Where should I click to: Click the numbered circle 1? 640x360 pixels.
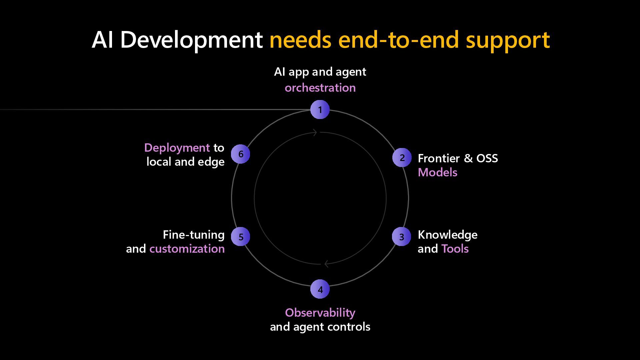tap(320, 110)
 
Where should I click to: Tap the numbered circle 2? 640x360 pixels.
tap(402, 158)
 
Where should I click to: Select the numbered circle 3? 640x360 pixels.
tap(402, 237)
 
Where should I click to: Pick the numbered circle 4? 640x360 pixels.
tap(320, 289)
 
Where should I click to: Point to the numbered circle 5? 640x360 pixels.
tap(241, 237)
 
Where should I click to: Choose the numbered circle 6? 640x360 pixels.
tap(241, 154)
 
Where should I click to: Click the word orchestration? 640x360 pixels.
tap(320, 88)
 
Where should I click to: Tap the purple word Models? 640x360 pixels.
tap(437, 172)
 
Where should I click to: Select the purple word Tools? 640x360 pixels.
tap(455, 249)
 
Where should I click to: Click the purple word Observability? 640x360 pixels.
tap(320, 313)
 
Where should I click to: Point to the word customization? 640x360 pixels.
tap(187, 249)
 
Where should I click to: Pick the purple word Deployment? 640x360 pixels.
tap(177, 148)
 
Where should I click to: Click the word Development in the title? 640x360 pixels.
tap(191, 40)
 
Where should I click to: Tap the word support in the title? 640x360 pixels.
tap(508, 40)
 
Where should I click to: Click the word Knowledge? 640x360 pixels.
tap(447, 235)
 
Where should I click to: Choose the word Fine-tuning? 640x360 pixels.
tap(194, 235)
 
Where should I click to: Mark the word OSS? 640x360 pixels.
tap(487, 158)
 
